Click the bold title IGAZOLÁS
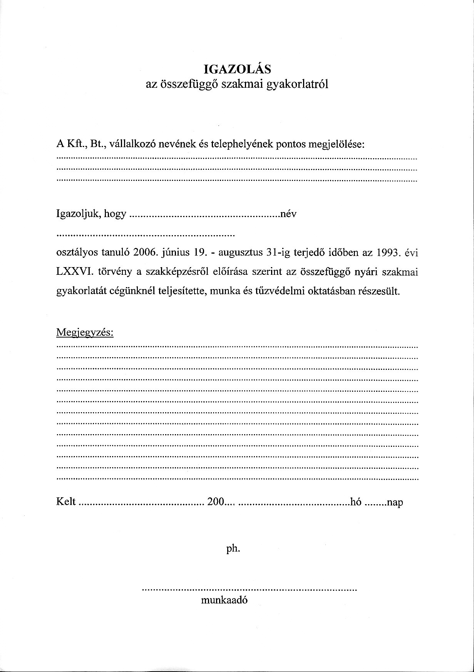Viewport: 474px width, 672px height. (x=237, y=69)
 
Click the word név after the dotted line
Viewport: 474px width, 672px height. (x=289, y=214)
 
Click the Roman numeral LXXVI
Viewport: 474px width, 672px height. (x=75, y=272)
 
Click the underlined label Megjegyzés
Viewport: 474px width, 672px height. (x=85, y=333)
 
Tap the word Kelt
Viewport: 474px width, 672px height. (x=66, y=502)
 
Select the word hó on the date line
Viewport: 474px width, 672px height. (x=356, y=502)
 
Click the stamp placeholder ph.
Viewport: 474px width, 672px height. (x=233, y=549)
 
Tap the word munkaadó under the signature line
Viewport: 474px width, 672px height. (x=224, y=600)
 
